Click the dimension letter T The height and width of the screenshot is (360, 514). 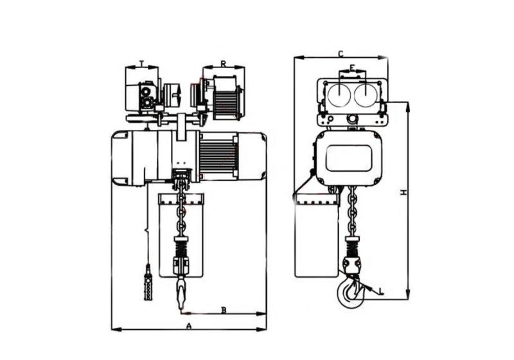tap(141, 63)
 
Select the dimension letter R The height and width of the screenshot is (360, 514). tap(222, 63)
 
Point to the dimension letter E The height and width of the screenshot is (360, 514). tap(352, 67)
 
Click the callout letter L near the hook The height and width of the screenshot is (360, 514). tap(381, 292)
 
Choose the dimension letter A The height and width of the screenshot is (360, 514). tap(188, 326)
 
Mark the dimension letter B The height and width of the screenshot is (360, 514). tap(224, 310)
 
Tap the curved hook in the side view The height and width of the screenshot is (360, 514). tap(351, 292)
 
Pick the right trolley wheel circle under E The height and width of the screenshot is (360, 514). tap(364, 96)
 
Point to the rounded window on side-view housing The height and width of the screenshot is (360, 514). tap(348, 158)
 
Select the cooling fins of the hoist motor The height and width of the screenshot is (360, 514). tap(218, 157)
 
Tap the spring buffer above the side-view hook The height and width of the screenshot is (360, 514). tap(352, 246)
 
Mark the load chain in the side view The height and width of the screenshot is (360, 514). tap(351, 212)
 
